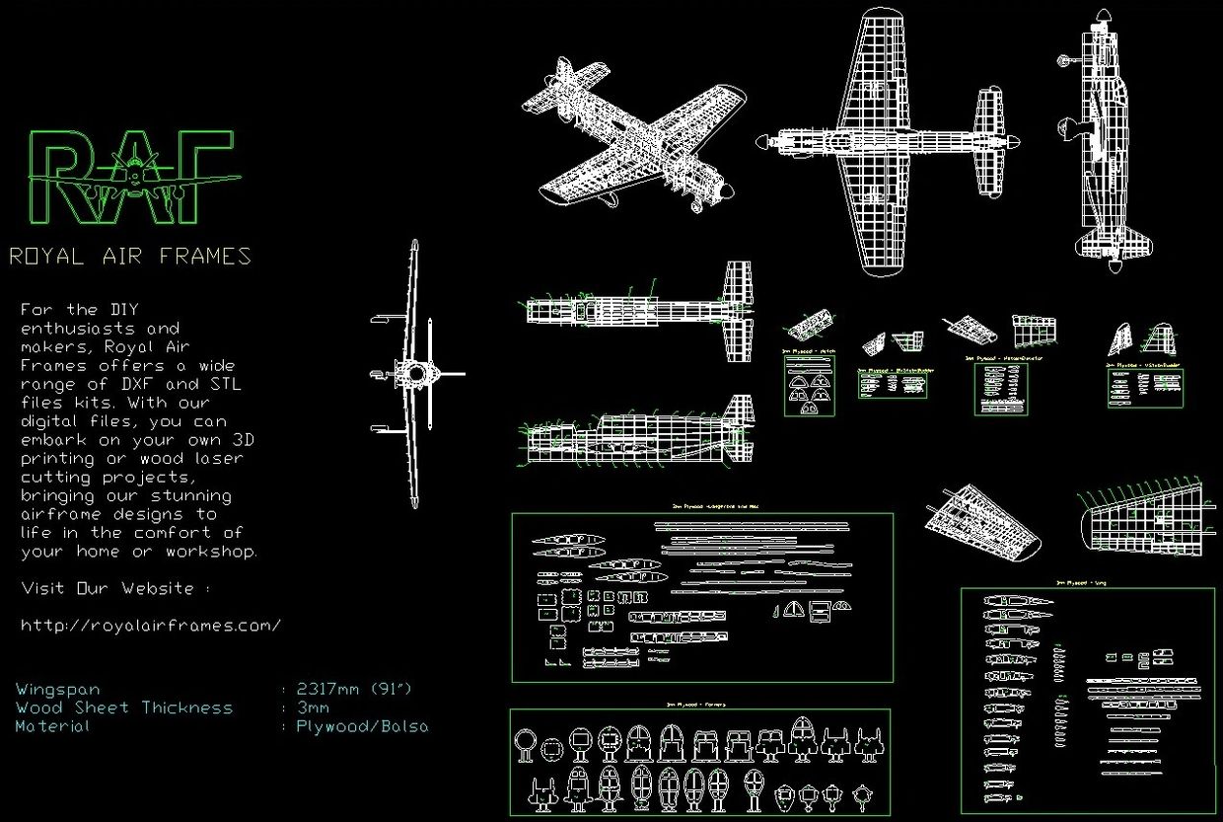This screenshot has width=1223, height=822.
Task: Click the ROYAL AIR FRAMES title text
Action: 130,257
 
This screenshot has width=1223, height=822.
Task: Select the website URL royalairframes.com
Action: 151,626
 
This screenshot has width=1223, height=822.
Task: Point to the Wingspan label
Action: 57,689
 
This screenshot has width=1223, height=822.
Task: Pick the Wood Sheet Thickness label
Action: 123,708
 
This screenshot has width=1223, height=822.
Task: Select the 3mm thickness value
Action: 313,708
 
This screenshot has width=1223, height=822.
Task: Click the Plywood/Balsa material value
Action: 362,726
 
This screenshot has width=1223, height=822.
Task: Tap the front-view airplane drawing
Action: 415,373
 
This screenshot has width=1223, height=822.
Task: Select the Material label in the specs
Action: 52,726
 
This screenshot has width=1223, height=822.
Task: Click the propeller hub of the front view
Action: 415,373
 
